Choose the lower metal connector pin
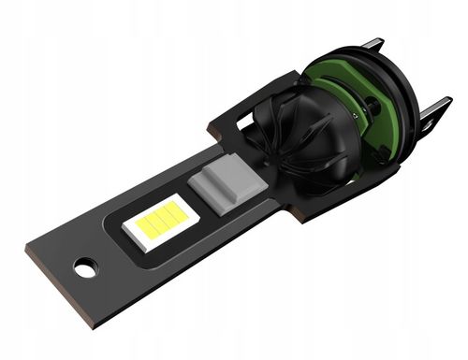(x=436, y=111)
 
